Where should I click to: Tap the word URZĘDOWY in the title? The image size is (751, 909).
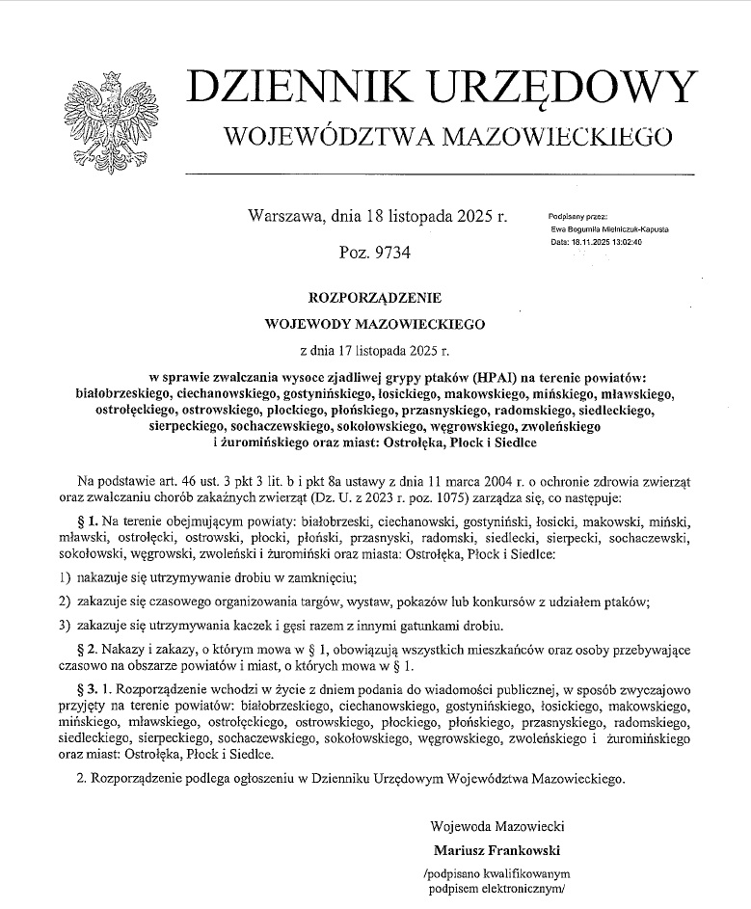[558, 89]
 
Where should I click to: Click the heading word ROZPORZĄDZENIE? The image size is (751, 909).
[375, 298]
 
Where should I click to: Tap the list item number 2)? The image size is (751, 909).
[66, 602]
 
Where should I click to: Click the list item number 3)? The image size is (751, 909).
[66, 626]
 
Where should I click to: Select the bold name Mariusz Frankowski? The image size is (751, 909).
[498, 850]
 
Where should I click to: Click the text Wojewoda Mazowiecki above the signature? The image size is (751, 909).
[498, 826]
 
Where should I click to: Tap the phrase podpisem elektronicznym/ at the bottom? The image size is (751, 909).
[494, 890]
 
